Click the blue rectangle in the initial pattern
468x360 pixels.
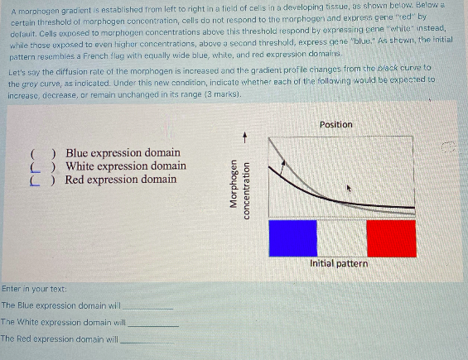pos(293,238)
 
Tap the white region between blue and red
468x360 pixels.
pos(342,238)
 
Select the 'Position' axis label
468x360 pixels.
pos(335,124)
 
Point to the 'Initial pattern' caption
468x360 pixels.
pos(340,263)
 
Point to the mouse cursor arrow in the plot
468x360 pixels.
pos(350,190)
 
